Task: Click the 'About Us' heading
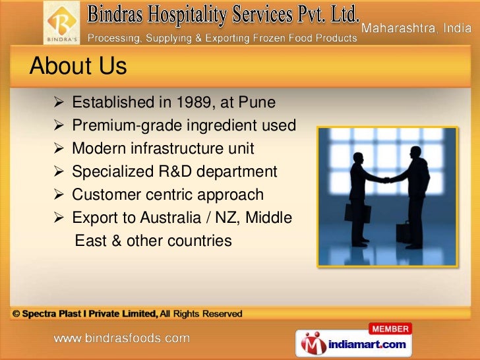click(x=78, y=67)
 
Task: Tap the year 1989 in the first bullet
click(x=196, y=103)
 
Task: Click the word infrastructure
click(x=188, y=149)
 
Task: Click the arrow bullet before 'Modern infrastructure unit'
click(x=57, y=149)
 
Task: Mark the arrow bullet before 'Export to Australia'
click(x=57, y=218)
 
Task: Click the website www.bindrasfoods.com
click(x=122, y=339)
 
